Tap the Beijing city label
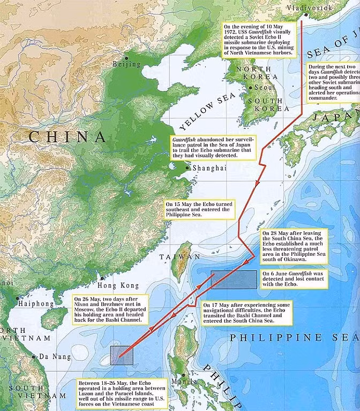(x=126, y=65)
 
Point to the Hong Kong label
(x=118, y=286)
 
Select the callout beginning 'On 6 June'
(x=294, y=279)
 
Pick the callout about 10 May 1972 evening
(x=259, y=40)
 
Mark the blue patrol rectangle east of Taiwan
(x=234, y=280)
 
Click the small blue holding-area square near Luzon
(x=122, y=355)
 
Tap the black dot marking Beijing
(x=126, y=58)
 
